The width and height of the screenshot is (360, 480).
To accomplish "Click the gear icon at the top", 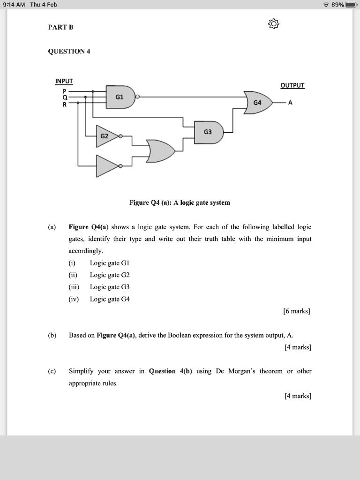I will pos(274,23).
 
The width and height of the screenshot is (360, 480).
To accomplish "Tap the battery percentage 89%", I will pos(337,5).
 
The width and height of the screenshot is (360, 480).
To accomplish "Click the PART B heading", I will pos(61,27).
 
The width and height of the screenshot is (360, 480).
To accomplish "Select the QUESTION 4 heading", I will pos(69,51).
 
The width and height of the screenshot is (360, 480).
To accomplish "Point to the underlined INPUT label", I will pos(64,81).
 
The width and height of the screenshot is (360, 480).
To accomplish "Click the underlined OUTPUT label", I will pos(292,85).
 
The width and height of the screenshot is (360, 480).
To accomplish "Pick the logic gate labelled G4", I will pos(257,102).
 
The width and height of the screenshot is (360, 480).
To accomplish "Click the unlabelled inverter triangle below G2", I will pos(106,166).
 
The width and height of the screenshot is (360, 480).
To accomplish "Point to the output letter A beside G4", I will pos(290,103).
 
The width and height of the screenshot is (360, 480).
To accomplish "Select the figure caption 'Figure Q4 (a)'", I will pos(180,202).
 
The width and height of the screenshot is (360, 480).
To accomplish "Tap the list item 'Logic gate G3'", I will pos(109,287).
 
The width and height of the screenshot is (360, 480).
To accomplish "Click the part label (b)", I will pos(52,335).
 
